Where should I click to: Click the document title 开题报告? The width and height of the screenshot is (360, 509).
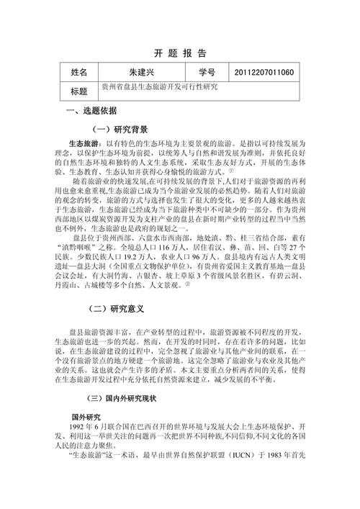click(x=180, y=53)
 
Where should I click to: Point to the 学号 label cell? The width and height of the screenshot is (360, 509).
click(x=206, y=73)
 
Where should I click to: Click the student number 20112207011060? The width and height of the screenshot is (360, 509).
click(x=264, y=73)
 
